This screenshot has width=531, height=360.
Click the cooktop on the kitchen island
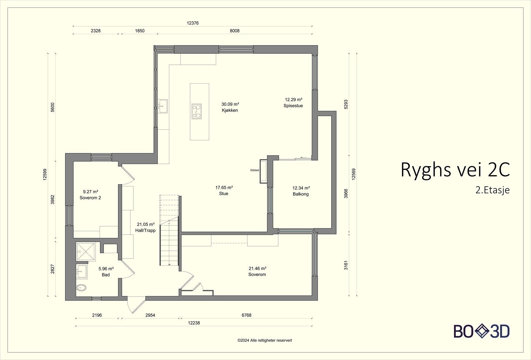[x=196, y=111]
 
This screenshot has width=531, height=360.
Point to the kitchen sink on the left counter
[x=163, y=107]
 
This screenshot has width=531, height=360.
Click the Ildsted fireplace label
[x=255, y=170]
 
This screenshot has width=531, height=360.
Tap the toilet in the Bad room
[x=81, y=288]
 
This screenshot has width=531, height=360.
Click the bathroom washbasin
[x=81, y=272]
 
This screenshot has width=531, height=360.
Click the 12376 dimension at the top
[x=192, y=23]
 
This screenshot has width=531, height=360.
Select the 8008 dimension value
[x=235, y=31]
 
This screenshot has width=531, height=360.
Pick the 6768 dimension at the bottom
[x=246, y=315]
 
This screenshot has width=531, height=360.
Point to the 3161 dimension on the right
[x=346, y=265]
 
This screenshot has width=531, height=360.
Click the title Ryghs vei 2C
[x=455, y=170]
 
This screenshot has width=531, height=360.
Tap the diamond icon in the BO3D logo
[x=482, y=331]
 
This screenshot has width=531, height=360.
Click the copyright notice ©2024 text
[x=265, y=340]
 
